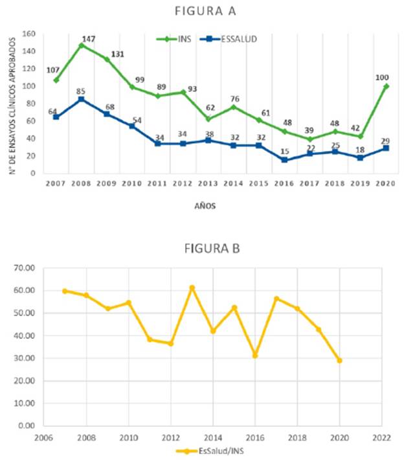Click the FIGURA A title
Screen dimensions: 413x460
tap(205, 11)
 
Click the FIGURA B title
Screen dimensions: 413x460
tap(212, 249)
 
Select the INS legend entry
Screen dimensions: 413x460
tap(173, 39)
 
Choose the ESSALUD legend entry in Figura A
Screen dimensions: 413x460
tap(228, 39)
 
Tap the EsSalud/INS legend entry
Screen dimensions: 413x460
tap(210, 451)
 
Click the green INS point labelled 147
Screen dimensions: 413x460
tap(82, 45)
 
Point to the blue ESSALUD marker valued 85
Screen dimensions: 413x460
tap(82, 100)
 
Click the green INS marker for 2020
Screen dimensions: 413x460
tap(386, 86)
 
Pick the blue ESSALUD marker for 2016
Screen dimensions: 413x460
tap(284, 160)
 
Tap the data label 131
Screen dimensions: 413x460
tap(117, 54)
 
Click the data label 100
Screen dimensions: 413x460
tap(382, 78)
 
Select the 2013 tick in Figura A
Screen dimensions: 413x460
tap(208, 183)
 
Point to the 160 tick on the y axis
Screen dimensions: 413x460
tap(28, 34)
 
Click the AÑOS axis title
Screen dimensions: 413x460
tap(205, 206)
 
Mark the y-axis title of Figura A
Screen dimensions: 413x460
tap(12, 106)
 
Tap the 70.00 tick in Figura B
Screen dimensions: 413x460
tap(24, 268)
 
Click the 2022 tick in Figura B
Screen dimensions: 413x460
tap(382, 438)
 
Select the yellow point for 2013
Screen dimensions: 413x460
tap(192, 288)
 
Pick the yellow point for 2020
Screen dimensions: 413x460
tap(339, 360)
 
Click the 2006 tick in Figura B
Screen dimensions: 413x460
tap(43, 438)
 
